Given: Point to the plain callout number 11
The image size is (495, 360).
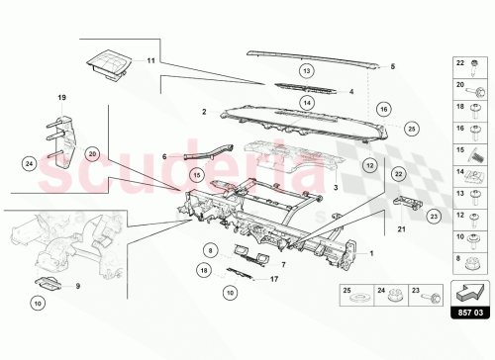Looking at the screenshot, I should coord(151,61).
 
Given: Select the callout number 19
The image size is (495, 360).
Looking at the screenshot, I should coord(60,98).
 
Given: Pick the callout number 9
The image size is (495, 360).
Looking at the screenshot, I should coord(79,287).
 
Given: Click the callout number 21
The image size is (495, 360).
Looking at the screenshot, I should coord(401,228).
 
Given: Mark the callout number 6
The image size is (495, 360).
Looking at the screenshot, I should coord(164,156).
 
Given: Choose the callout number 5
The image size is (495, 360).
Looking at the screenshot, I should coord(393,66).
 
